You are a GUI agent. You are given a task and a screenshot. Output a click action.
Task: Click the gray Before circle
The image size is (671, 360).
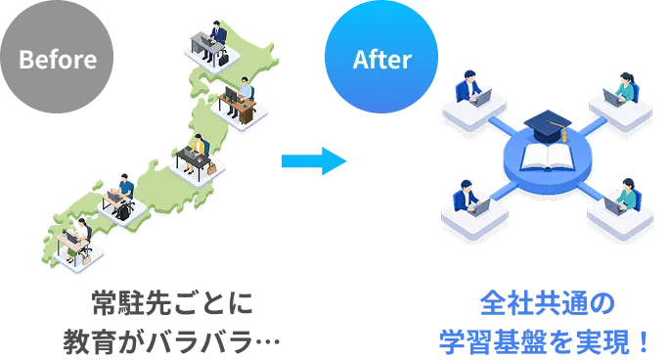(57, 57)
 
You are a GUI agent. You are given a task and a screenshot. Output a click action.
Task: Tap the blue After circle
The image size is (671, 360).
(381, 57)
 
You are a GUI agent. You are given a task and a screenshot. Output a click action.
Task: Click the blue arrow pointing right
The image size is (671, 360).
(314, 161)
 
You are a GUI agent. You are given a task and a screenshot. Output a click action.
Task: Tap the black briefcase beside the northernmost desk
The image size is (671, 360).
(223, 58)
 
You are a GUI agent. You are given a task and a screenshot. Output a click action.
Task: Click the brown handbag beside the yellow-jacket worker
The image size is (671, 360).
(211, 168)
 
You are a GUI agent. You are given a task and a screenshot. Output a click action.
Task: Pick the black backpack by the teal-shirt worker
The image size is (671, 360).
(123, 212)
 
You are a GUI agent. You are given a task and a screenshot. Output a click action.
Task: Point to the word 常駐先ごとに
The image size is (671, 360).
(172, 303)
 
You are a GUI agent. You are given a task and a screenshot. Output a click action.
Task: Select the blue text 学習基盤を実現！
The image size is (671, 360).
(544, 341)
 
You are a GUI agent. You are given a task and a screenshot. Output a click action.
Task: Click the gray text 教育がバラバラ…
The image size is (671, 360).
(171, 341)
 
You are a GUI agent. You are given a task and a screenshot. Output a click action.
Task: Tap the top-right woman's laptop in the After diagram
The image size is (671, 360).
(612, 97)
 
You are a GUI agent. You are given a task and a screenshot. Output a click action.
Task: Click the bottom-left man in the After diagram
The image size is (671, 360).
(466, 196)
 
